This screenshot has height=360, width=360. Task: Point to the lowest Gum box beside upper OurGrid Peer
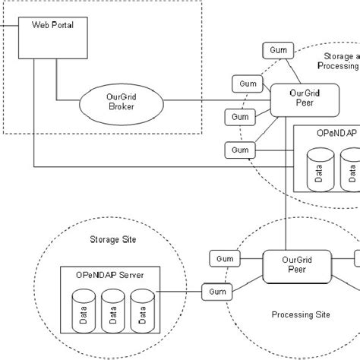(240, 150)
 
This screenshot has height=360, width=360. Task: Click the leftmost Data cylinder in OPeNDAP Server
(82, 315)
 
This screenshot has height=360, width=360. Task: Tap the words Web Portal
(52, 26)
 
